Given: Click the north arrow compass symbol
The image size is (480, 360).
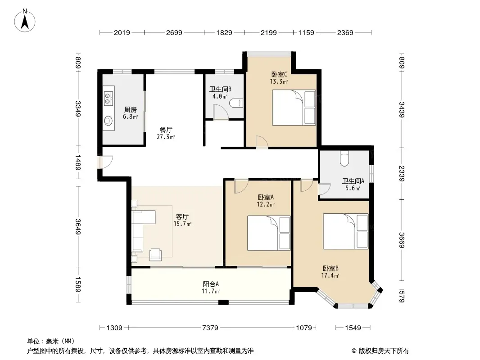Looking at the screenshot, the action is coord(25,21).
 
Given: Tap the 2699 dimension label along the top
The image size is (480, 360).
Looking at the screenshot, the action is coord(174,32).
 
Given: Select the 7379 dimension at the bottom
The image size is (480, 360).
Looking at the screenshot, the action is coord(210,328).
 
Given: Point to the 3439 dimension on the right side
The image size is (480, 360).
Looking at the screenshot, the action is coord(402,110).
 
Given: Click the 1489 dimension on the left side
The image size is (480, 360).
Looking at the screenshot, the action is coord(78,163).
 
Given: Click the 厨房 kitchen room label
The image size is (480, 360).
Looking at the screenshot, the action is coord(131,109).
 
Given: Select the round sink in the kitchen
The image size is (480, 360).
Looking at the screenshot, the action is coord(108,121).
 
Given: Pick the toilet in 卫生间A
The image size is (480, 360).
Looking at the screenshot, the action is coord(344,159).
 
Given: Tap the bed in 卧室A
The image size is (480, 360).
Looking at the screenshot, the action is coord(269,234).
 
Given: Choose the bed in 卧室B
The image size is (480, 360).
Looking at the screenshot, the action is coord(346,231).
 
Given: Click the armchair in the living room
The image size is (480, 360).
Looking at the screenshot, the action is coord(155,255).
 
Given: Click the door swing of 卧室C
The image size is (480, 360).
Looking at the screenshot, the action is coord(262,142).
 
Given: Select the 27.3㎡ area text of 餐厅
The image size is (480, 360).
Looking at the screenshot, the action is coord(166,137).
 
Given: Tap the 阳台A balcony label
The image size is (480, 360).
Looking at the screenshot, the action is coord(211,284).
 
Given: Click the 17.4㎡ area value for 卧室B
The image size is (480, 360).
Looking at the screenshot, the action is coord(330,275).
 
